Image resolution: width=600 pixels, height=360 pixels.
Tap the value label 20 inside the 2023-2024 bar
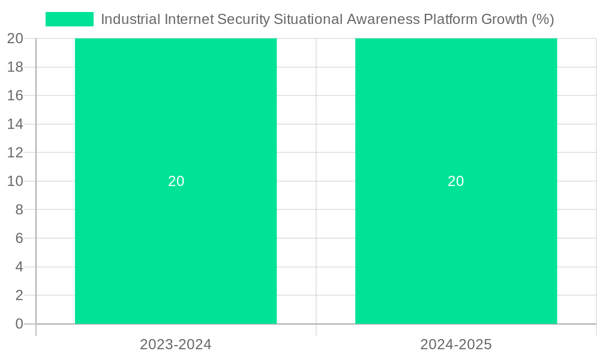[x=176, y=181]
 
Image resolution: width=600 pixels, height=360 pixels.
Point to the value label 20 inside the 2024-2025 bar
[x=456, y=181]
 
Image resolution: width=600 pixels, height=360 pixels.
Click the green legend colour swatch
[x=70, y=19]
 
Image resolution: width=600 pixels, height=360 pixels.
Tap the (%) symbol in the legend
[x=542, y=19]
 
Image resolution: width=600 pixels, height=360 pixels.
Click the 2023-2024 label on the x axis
[x=176, y=344]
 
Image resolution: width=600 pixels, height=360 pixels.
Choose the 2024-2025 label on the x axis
[x=456, y=344]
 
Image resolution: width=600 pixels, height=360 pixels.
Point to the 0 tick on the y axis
[x=19, y=324]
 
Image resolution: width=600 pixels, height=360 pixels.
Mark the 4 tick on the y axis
[x=19, y=267]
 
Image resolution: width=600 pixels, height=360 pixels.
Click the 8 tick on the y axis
[x=19, y=210]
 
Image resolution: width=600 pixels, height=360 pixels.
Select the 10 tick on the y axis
[x=16, y=181]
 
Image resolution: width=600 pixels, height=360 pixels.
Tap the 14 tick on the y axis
[x=16, y=124]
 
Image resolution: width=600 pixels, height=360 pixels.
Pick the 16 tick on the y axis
[x=16, y=95]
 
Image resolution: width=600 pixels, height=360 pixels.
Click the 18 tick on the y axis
[x=16, y=67]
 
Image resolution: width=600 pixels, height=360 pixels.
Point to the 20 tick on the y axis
[x=16, y=38]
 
